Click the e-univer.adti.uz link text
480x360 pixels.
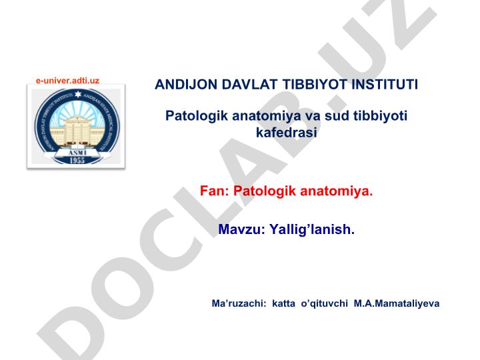[67, 81]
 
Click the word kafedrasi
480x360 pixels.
[286, 133]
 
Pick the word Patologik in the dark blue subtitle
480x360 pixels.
[197, 116]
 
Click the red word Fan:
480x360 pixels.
[214, 191]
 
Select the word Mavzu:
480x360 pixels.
[241, 229]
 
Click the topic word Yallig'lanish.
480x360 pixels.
[311, 229]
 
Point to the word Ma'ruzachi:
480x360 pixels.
[239, 303]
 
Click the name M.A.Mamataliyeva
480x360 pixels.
[397, 304]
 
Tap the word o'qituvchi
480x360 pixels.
[325, 304]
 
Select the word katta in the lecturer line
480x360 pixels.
[283, 303]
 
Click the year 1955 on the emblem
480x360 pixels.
[77, 160]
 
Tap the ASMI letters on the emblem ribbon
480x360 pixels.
[77, 153]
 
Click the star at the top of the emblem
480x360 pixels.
[78, 94]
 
